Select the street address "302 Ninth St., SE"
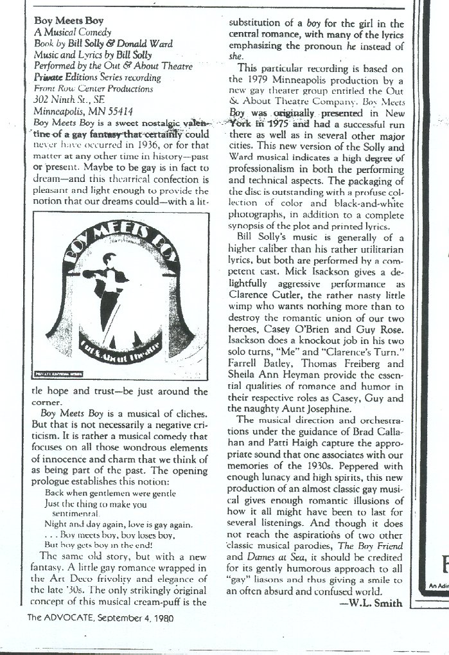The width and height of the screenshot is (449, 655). click(x=71, y=99)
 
